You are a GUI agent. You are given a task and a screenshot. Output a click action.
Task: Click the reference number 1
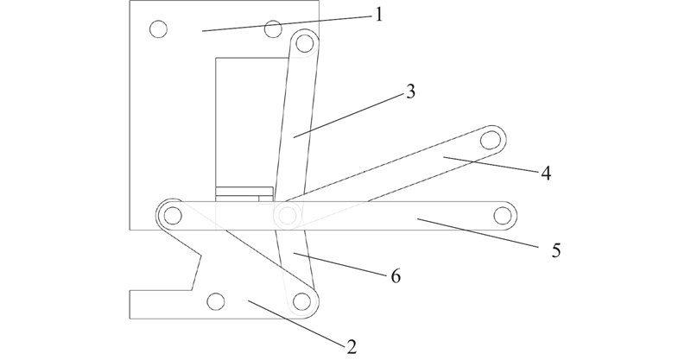(x=377, y=16)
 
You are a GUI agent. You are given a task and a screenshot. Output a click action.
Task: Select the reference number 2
(x=352, y=348)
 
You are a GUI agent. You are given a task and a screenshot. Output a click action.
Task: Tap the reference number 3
(x=410, y=92)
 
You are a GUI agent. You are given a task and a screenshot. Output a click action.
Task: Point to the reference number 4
(x=546, y=174)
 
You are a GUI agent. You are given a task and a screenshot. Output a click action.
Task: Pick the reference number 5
(x=556, y=250)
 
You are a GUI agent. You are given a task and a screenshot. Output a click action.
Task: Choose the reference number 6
(x=396, y=277)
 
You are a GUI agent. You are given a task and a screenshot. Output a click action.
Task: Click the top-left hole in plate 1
(x=159, y=29)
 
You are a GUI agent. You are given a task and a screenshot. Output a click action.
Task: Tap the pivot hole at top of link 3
(x=305, y=43)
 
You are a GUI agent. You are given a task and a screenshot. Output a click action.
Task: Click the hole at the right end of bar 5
(x=503, y=216)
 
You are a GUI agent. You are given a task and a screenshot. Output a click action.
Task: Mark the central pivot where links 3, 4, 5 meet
(x=288, y=216)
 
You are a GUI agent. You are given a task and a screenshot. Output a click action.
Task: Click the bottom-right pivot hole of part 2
(x=301, y=302)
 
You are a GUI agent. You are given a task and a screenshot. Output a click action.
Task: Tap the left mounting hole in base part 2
(x=215, y=302)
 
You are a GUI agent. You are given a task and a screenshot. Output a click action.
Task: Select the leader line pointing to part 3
(x=349, y=116)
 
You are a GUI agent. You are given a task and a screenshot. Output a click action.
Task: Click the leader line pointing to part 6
(x=341, y=264)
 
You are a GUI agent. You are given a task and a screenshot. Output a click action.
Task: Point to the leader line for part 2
(x=296, y=322)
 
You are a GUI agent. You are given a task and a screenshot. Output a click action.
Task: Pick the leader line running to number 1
(x=287, y=24)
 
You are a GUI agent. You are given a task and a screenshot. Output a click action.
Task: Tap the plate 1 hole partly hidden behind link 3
(x=273, y=29)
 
